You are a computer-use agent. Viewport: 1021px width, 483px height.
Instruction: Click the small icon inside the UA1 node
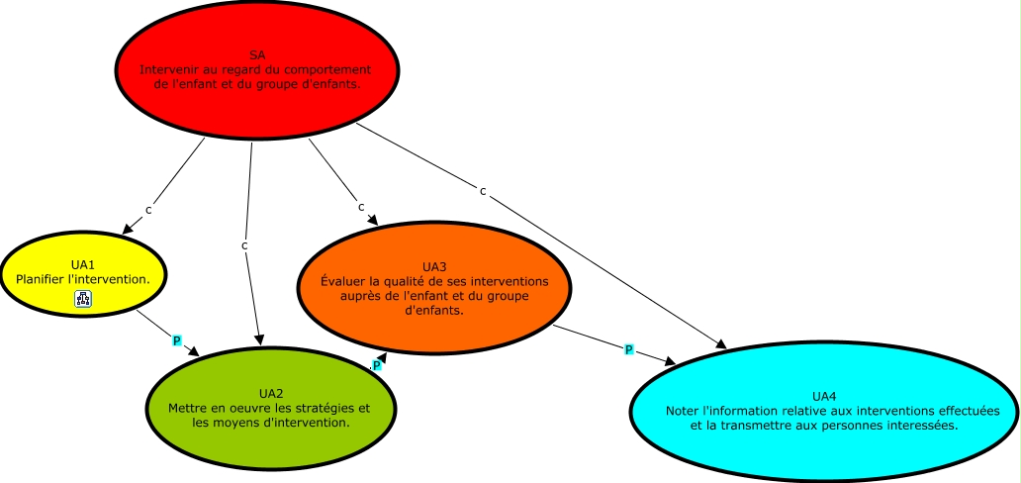tap(83, 299)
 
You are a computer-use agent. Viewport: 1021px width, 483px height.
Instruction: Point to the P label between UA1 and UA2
tap(177, 340)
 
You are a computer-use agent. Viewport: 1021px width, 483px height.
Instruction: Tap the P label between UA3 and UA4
tap(628, 349)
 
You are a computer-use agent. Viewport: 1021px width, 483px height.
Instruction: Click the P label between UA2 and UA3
tap(377, 365)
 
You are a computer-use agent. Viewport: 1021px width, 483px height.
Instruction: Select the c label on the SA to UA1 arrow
tap(149, 210)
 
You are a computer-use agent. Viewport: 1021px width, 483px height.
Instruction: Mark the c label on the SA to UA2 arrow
tap(244, 244)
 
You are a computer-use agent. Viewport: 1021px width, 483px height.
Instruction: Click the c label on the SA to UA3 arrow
tap(361, 207)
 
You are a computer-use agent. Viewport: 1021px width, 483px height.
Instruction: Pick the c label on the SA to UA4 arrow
tap(483, 191)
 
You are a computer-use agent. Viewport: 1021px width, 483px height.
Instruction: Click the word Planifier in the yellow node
tap(44, 279)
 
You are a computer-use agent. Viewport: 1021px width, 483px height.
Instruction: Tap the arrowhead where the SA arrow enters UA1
tap(127, 231)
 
